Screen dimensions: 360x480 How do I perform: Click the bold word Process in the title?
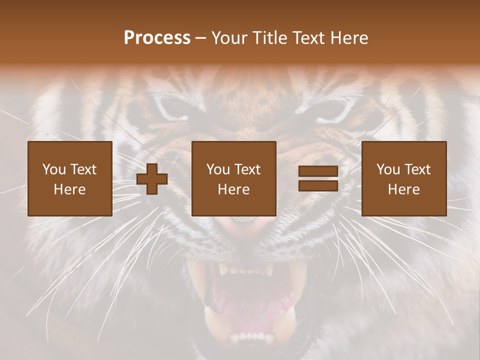pyautogui.click(x=157, y=38)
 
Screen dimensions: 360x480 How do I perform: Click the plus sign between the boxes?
pyautogui.click(x=152, y=179)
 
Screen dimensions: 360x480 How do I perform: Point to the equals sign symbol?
pyautogui.click(x=318, y=179)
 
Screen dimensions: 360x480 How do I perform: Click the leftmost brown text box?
pyautogui.click(x=70, y=178)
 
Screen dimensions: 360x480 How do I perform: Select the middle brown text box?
pyautogui.click(x=234, y=178)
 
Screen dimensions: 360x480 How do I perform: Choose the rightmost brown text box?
pyautogui.click(x=404, y=178)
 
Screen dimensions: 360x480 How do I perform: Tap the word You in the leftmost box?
pyautogui.click(x=54, y=169)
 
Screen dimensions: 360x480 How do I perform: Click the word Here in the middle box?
pyautogui.click(x=234, y=189)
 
